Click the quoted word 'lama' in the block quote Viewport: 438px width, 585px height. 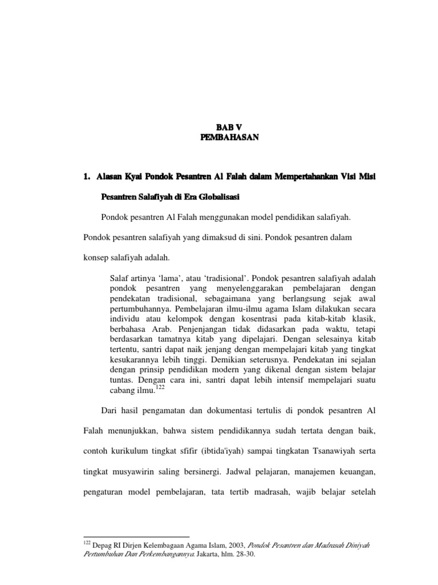pos(167,277)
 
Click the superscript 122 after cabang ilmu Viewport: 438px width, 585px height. pos(161,387)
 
